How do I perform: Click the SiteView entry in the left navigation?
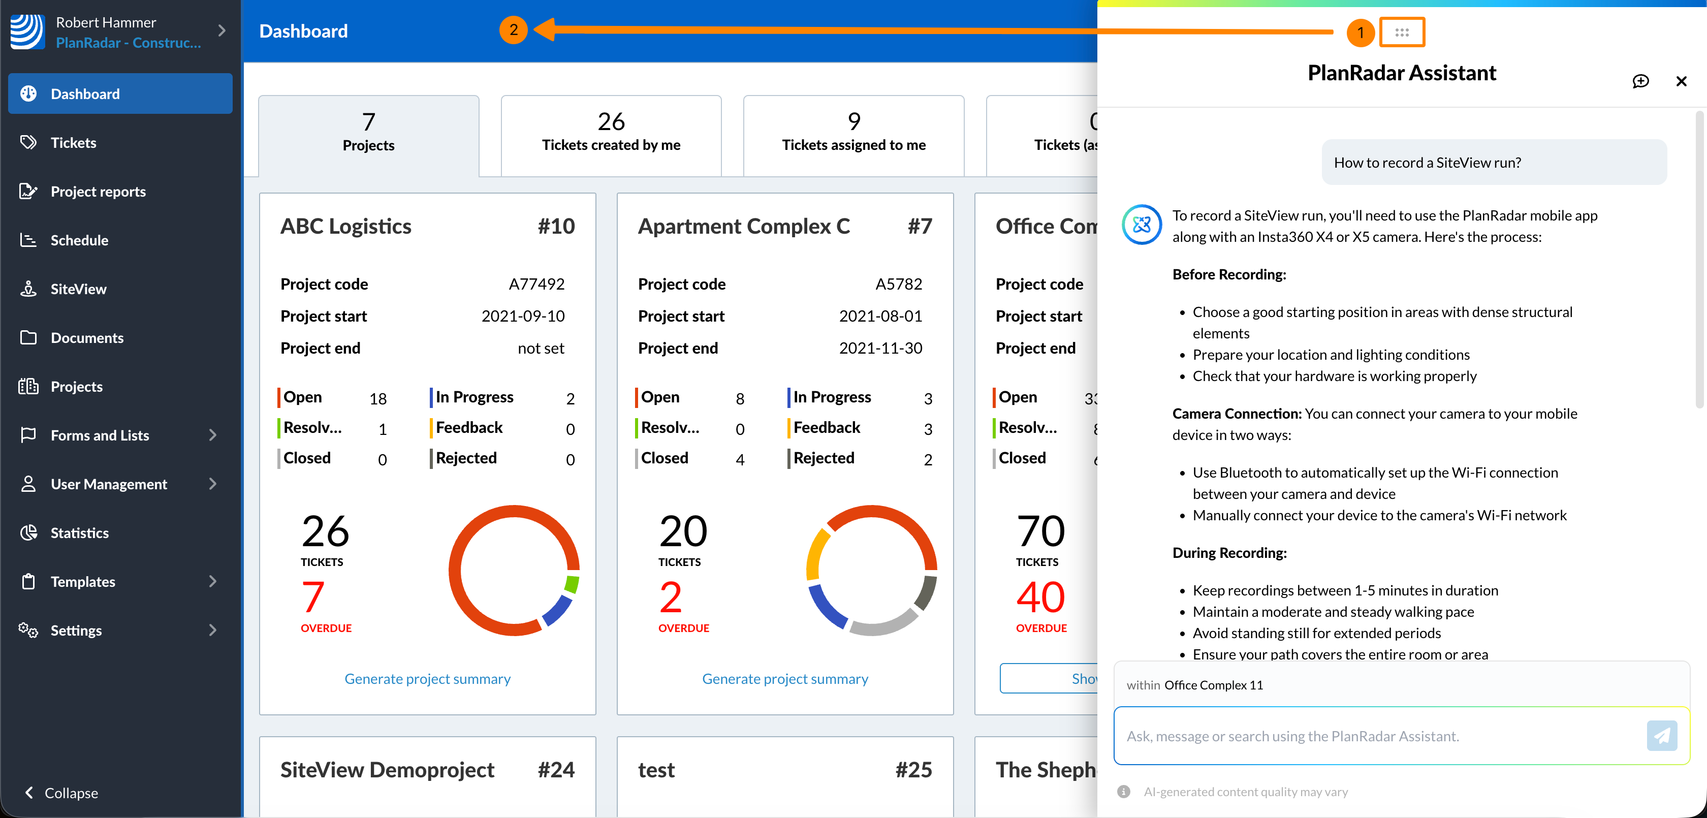pos(78,289)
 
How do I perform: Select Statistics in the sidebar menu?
pos(80,533)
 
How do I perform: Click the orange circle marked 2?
pos(514,30)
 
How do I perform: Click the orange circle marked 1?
pos(1360,32)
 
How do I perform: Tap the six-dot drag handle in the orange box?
pos(1402,32)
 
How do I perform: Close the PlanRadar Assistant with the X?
pos(1681,81)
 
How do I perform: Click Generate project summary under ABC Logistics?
pos(427,679)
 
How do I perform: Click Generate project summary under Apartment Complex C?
pos(784,679)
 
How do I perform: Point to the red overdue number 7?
pos(313,596)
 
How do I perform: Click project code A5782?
pos(899,285)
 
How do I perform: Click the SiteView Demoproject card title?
pos(387,770)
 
